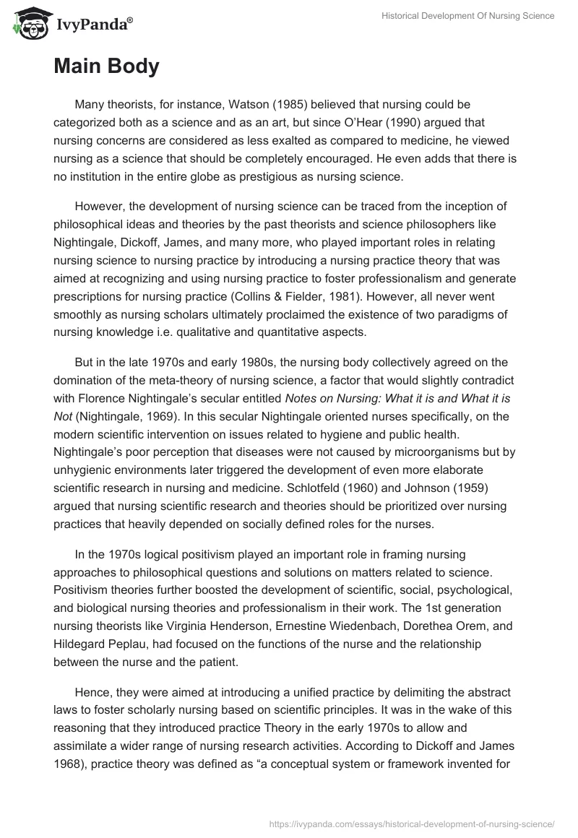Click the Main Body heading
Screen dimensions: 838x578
pyautogui.click(x=106, y=66)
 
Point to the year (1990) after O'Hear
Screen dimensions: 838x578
pyautogui.click(x=415, y=122)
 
